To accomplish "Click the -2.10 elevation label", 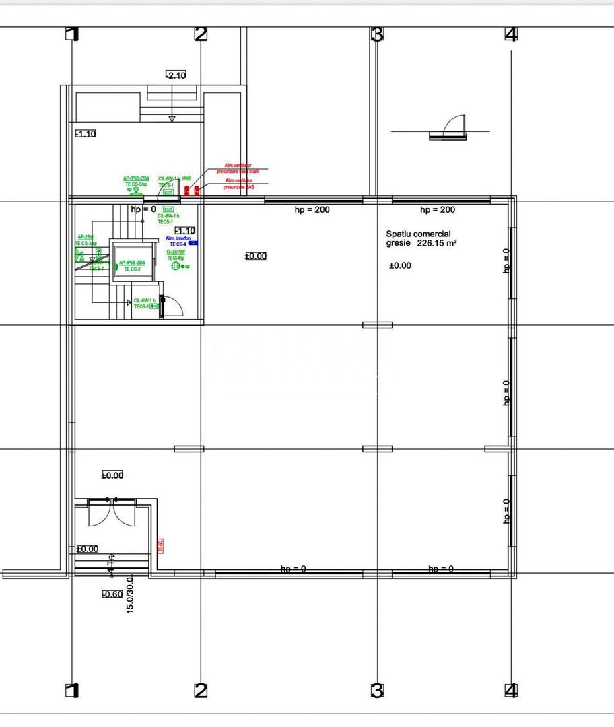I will pos(176,75).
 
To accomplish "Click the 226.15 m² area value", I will pos(437,244).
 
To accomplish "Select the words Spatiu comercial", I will pos(418,233).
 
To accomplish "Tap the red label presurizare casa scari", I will pos(238,172).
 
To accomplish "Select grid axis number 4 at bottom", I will pos(511,690).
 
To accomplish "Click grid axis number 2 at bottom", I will pos(201,690).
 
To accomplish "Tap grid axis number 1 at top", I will pos(72,34).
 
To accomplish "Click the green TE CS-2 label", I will pos(131,269).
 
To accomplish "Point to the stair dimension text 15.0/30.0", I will pos(130,593).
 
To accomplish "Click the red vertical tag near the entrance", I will pos(160,546).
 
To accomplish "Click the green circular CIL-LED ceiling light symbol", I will pos(176,266).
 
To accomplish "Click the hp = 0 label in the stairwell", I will pos(143,209).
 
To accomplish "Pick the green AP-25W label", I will pos(85,237).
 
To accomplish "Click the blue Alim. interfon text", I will pos(178,238).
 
